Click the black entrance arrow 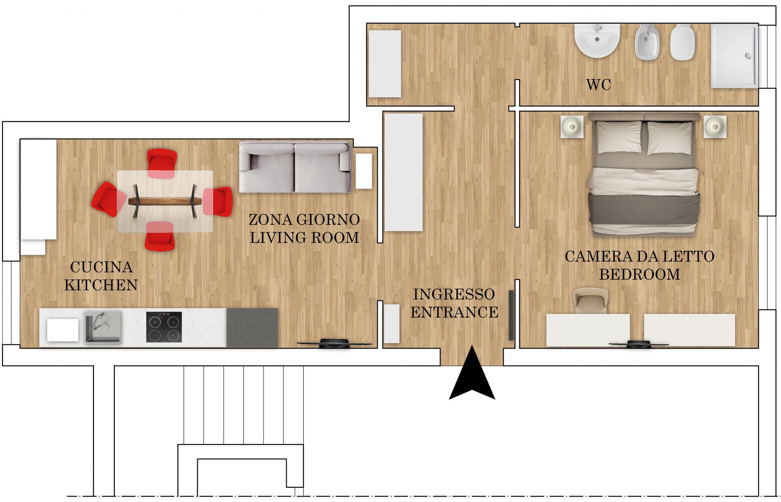[x=472, y=376]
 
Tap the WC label [x=598, y=85]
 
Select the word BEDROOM [x=640, y=274]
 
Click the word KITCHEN [x=101, y=285]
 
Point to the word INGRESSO [x=454, y=294]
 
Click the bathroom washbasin [x=597, y=40]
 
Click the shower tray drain [x=748, y=56]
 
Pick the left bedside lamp [x=572, y=127]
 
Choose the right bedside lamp [x=715, y=127]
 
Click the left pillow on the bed [x=619, y=137]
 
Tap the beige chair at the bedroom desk [x=591, y=300]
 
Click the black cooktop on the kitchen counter [x=164, y=327]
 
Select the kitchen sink [x=103, y=327]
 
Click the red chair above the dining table [x=162, y=163]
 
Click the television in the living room [x=334, y=344]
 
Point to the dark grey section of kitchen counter [x=252, y=327]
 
